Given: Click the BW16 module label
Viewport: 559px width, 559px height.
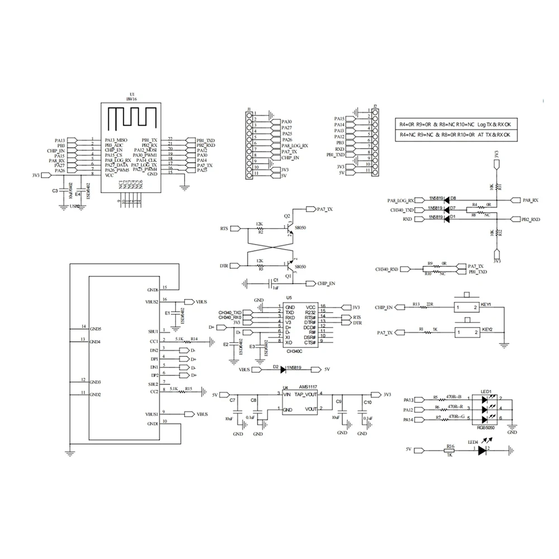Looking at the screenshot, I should [x=132, y=99].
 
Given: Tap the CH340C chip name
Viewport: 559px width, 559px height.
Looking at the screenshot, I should [x=294, y=351].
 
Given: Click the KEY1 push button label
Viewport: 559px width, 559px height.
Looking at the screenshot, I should [x=485, y=305].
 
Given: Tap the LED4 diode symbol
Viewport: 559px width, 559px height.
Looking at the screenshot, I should [x=483, y=450].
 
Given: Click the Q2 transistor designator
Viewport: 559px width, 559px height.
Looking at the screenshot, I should [x=288, y=216].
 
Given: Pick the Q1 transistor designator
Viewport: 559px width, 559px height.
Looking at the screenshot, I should [x=289, y=275].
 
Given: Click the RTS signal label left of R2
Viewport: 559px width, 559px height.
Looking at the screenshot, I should [x=224, y=228].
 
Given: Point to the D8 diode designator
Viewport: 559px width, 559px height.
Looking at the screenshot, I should [x=453, y=198].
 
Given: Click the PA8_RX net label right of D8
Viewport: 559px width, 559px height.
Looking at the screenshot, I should [x=529, y=200].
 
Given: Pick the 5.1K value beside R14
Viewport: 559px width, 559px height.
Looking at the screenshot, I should [x=179, y=338].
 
